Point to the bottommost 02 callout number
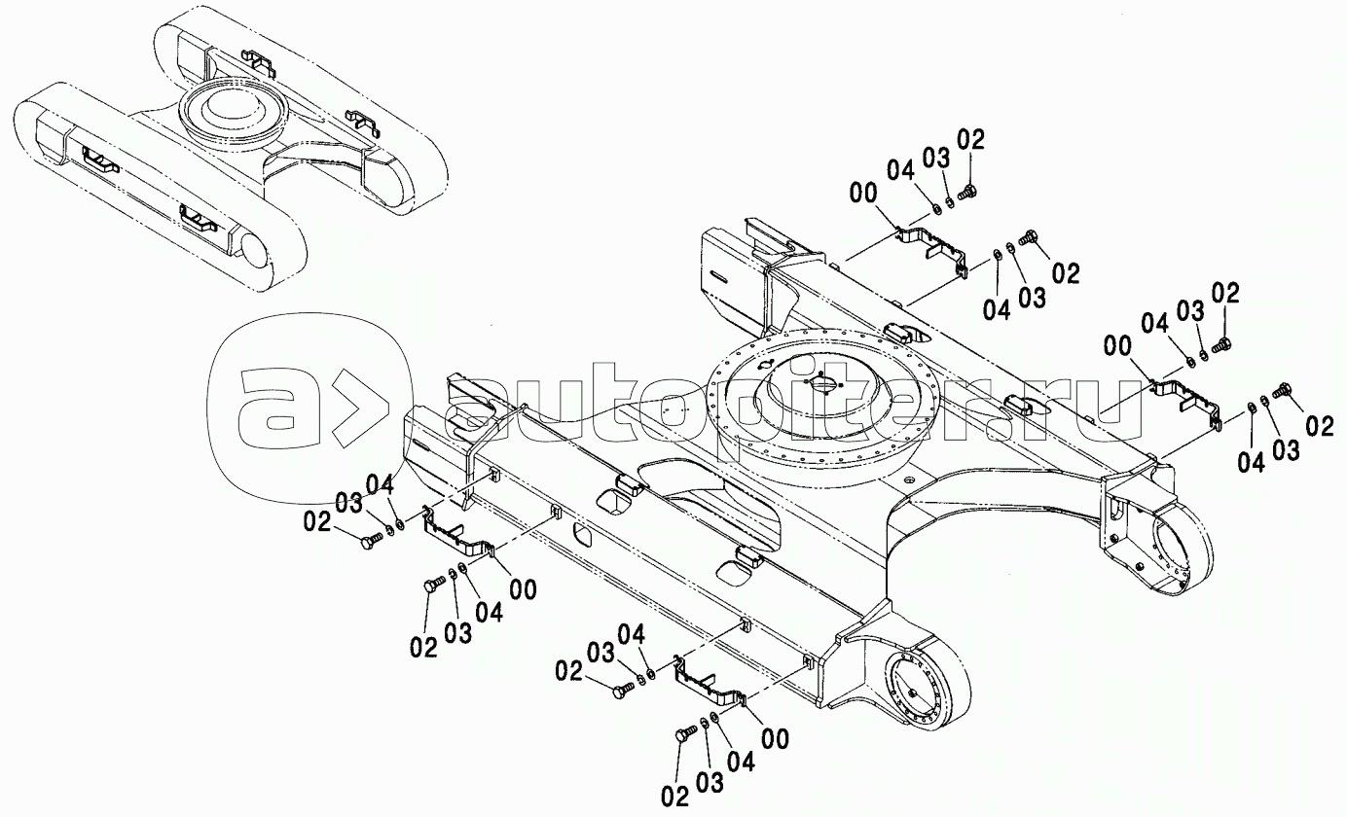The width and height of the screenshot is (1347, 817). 674,798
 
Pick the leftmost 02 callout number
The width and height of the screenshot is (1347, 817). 317,522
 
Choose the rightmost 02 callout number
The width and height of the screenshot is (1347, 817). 1320,427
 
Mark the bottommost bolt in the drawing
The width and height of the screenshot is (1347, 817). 685,733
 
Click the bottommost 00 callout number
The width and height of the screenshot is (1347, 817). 775,739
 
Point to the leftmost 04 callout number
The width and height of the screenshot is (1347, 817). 380,484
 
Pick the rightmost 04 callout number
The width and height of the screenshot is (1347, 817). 1252,462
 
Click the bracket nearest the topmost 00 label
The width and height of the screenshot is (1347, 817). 929,249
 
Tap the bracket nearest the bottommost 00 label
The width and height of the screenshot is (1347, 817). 710,682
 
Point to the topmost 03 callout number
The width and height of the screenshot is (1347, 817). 936,159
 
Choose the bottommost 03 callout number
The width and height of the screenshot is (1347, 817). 710,782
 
